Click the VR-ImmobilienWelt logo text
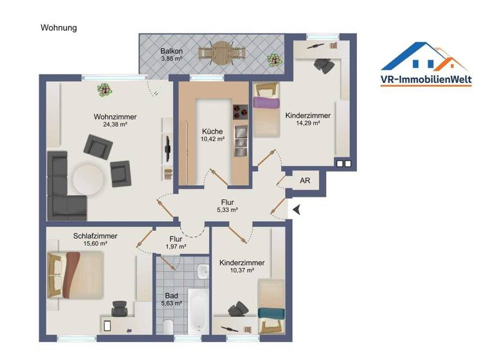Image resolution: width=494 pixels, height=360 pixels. [426, 80]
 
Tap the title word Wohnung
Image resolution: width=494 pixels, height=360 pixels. [59, 28]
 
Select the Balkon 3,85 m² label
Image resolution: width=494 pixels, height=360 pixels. [172, 55]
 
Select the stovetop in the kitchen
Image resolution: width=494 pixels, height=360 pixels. [241, 113]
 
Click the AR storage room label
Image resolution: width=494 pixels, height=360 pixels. [305, 181]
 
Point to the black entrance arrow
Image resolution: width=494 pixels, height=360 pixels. [297, 209]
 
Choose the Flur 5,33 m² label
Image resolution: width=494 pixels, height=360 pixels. [226, 205]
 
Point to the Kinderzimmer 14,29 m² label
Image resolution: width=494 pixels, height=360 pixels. [307, 119]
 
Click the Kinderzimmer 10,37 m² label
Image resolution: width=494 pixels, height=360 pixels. [242, 267]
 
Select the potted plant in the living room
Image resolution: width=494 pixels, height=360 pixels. [103, 90]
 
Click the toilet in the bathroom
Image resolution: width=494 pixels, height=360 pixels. [168, 327]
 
